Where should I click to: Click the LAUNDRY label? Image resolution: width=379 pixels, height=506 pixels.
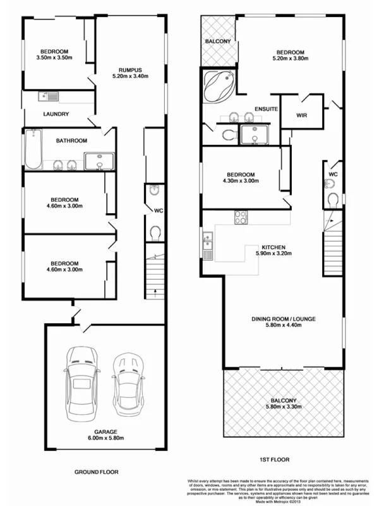pos(56,114)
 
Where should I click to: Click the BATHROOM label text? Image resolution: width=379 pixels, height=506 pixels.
pos(71,140)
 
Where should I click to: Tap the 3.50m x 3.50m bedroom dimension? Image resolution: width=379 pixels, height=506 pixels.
pos(55,58)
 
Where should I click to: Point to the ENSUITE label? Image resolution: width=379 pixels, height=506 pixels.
pos(267,109)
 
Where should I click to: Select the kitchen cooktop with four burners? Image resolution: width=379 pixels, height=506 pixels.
pos(241,217)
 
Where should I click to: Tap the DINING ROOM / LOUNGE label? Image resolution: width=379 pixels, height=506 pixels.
pos(283,323)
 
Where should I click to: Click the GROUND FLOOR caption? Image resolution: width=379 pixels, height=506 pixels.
pos(96,472)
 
